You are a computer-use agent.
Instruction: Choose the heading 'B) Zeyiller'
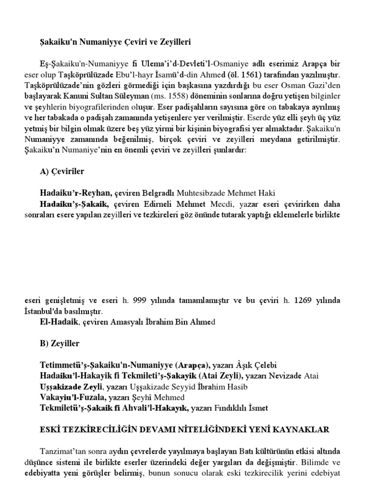tap(60, 343)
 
